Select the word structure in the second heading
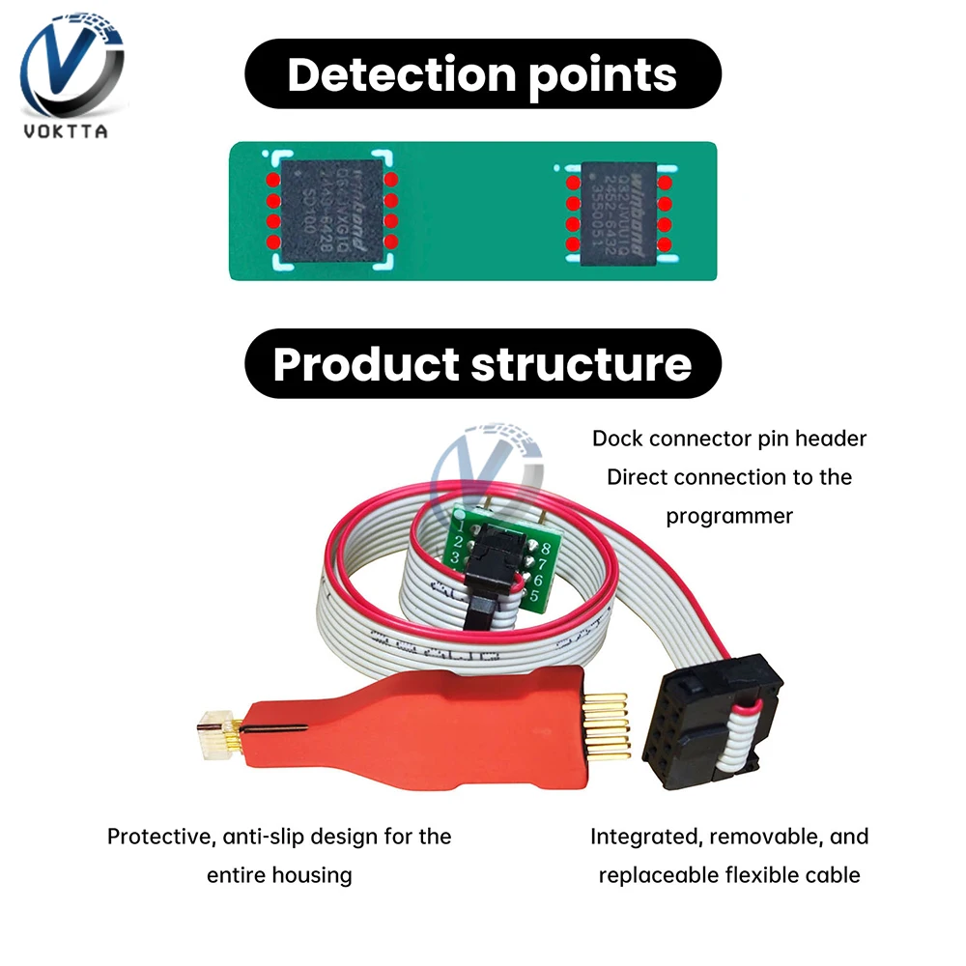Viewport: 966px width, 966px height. click(x=580, y=364)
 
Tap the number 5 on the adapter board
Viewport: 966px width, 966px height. click(x=534, y=596)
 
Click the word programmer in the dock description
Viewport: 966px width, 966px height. click(x=729, y=516)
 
